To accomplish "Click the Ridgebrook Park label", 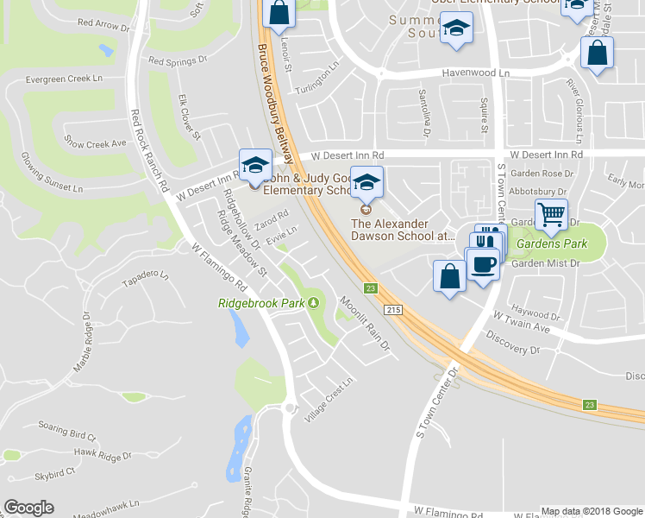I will pyautogui.click(x=262, y=303).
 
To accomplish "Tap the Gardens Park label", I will pyautogui.click(x=552, y=243).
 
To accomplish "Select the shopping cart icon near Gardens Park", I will pyautogui.click(x=551, y=212).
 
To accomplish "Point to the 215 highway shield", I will pyautogui.click(x=393, y=310).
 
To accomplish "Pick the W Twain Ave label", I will pyautogui.click(x=521, y=322).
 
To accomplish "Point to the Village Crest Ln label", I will pyautogui.click(x=330, y=400).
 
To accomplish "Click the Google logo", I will pyautogui.click(x=28, y=508).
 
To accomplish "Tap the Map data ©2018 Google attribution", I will pyautogui.click(x=592, y=511).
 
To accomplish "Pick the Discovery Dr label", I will pyautogui.click(x=512, y=344).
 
